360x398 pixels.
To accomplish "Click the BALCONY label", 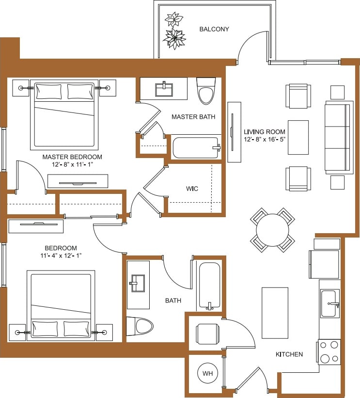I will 214,29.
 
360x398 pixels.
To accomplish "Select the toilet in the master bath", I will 206,91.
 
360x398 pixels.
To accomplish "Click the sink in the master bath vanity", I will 164,89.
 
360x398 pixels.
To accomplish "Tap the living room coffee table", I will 298,137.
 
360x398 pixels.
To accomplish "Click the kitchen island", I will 275,313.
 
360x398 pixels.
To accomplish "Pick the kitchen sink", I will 329,303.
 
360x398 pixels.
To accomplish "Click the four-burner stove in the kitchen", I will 329,352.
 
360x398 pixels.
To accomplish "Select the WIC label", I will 192,188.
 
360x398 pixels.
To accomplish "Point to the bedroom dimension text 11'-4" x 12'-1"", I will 61,255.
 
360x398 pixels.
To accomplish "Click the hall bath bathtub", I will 209,286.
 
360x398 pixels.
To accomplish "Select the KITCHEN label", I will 289,354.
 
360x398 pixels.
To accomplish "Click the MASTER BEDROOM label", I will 72,157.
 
